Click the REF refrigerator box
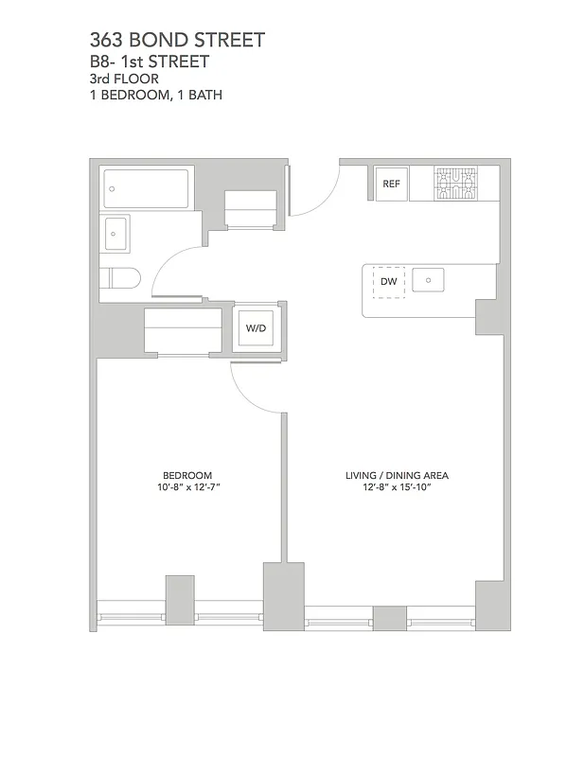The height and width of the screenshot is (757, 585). pos(391,185)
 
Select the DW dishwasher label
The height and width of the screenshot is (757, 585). pos(388,282)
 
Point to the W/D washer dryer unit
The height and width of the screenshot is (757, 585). pos(257,328)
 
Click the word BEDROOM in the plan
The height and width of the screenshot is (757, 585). pos(187,475)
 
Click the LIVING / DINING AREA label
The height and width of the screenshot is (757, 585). pos(397,475)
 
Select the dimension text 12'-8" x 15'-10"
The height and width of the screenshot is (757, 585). pos(397,487)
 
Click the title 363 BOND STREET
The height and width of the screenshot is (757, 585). pos(177,40)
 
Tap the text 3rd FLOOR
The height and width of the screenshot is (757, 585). pos(124,79)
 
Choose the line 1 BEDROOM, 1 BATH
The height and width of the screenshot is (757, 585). pos(155,95)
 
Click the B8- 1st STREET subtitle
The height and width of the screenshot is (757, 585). pos(149,62)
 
